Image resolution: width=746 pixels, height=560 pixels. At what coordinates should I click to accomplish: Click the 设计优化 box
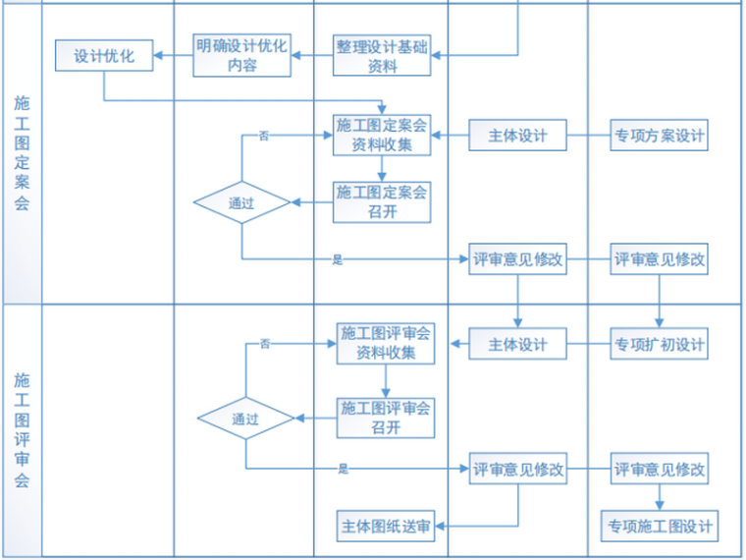pyautogui.click(x=103, y=56)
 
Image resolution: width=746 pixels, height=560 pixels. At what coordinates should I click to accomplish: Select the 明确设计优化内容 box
pyautogui.click(x=241, y=56)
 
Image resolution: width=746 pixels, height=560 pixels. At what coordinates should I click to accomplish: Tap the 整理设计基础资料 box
pyautogui.click(x=382, y=56)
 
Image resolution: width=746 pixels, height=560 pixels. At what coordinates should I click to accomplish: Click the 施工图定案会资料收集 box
pyautogui.click(x=382, y=135)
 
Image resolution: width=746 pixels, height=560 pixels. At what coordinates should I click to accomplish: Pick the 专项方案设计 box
pyautogui.click(x=659, y=136)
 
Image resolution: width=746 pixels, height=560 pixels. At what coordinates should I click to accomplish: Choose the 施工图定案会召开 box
pyautogui.click(x=382, y=201)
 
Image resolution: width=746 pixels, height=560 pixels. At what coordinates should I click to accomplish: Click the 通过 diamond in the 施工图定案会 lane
pyautogui.click(x=241, y=203)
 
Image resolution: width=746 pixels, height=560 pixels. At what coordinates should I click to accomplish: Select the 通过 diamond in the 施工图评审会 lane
pyautogui.click(x=245, y=419)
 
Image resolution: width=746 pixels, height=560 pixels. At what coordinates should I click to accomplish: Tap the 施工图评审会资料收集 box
pyautogui.click(x=385, y=344)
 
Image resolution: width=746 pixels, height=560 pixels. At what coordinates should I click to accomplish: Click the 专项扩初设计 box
pyautogui.click(x=659, y=345)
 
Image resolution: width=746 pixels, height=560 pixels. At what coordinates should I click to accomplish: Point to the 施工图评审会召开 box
pyautogui.click(x=385, y=418)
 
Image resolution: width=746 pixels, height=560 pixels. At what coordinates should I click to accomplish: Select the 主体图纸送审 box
pyautogui.click(x=385, y=526)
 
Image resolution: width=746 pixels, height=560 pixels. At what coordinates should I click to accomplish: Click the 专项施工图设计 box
pyautogui.click(x=659, y=526)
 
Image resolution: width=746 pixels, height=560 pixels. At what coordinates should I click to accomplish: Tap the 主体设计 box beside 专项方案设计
pyautogui.click(x=517, y=136)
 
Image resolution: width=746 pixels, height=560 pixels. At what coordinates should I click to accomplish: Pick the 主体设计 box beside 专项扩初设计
pyautogui.click(x=517, y=345)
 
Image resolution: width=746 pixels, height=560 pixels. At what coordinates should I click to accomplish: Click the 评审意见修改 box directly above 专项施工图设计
pyautogui.click(x=659, y=470)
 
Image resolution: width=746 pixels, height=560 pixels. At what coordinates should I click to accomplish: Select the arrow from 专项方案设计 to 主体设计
pyautogui.click(x=588, y=136)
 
